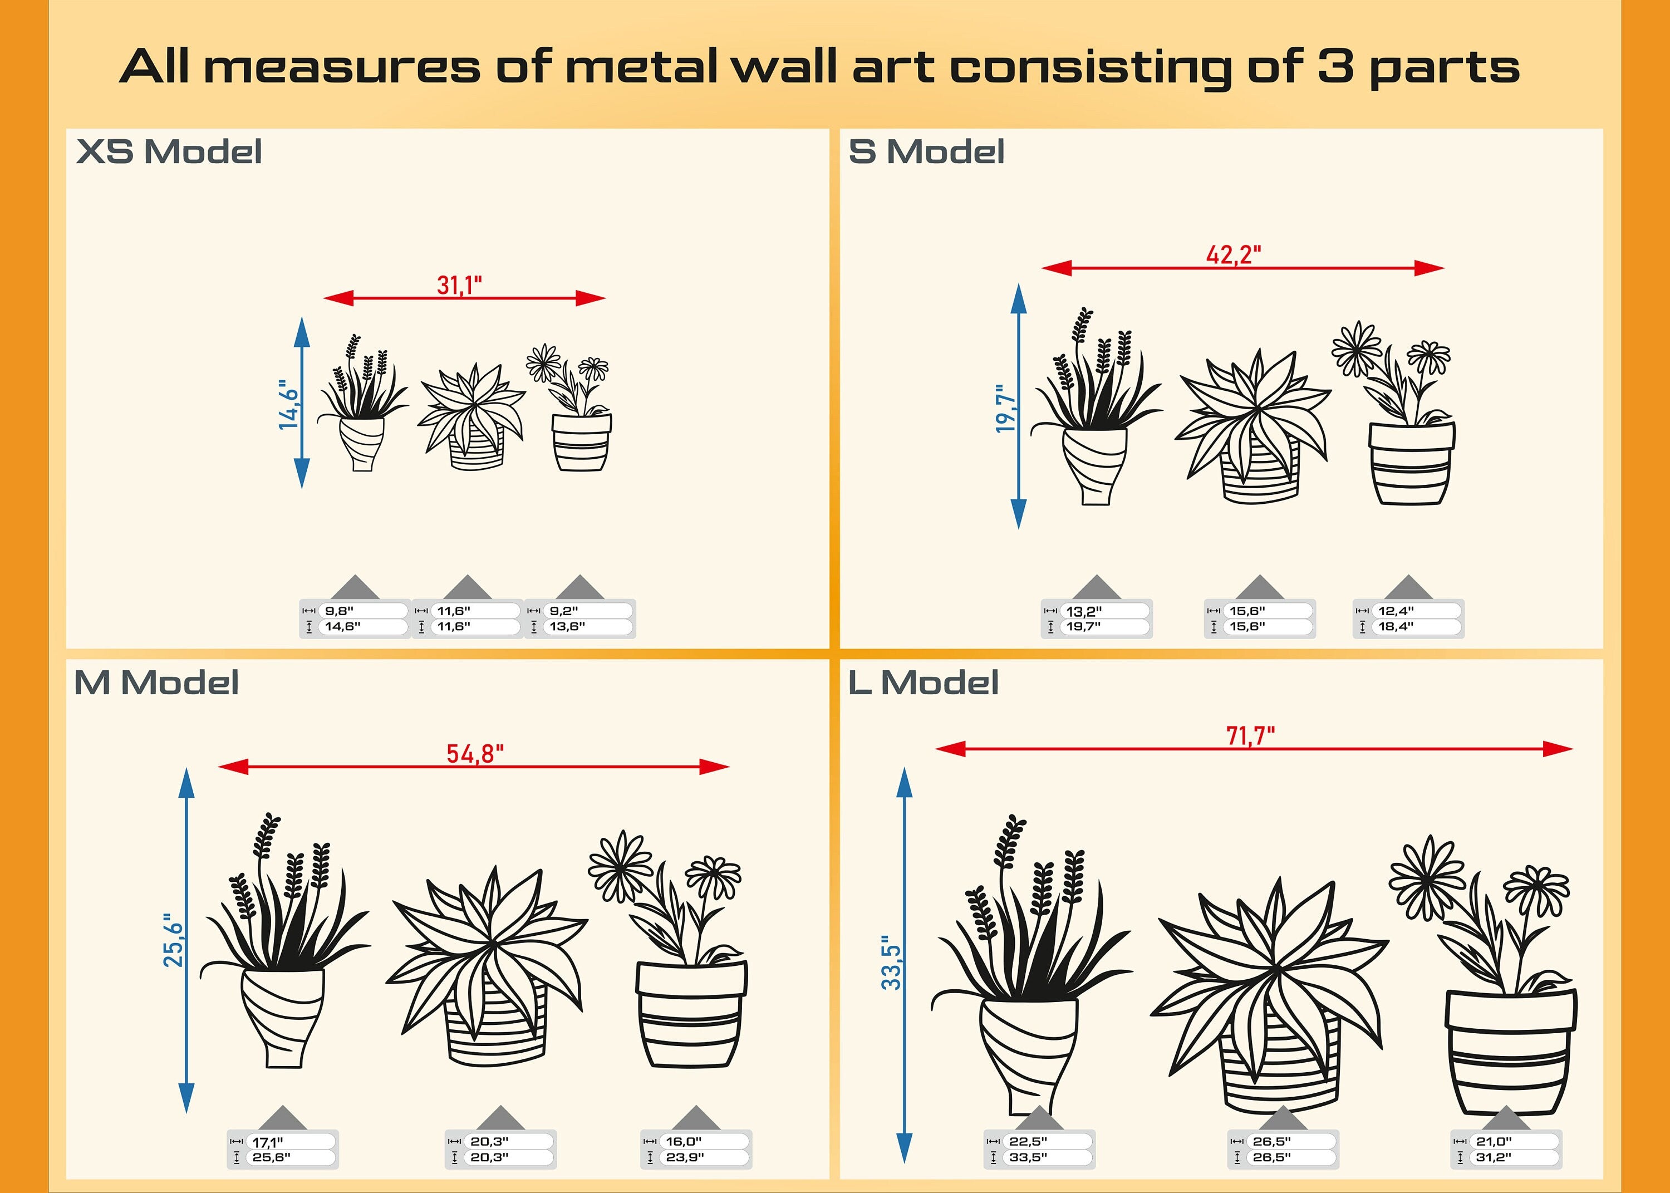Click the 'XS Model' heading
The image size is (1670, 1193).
tap(169, 151)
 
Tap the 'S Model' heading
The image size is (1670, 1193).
tap(927, 151)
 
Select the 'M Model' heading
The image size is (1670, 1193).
tap(156, 683)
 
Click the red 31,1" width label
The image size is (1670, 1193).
tap(460, 285)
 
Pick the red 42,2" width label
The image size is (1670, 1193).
tap(1234, 255)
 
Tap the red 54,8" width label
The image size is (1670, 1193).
tap(475, 754)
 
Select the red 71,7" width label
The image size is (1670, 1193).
tap(1251, 735)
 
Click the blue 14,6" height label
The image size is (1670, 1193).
tap(288, 404)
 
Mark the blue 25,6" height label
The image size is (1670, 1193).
tap(173, 940)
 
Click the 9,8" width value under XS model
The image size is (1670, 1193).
tap(339, 611)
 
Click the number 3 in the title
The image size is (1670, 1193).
tap(1335, 66)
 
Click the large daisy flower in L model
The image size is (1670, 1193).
tap(1427, 878)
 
